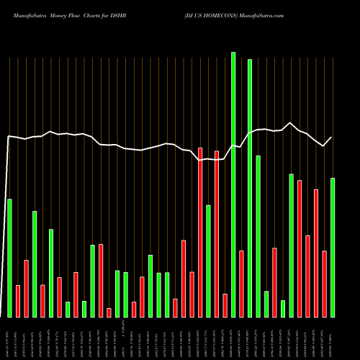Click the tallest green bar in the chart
233,184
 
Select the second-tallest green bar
250,188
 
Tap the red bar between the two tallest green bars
241,284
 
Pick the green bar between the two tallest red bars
208,261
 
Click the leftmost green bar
9,258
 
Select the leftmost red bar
18,301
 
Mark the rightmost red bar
325,284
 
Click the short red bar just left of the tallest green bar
225,305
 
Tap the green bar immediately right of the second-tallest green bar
258,236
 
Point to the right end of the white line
332,138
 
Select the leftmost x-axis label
9,338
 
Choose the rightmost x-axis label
333,338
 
